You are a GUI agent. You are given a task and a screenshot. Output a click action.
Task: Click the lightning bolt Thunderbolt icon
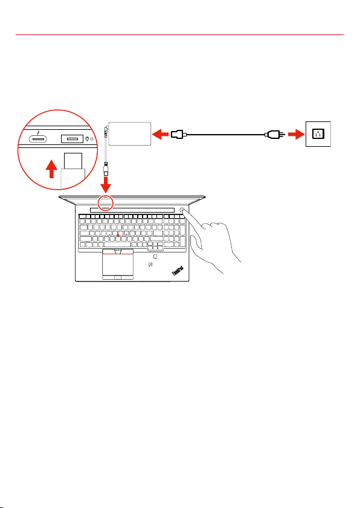[x=39, y=132]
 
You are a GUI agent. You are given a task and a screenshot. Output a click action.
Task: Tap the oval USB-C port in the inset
[x=38, y=139]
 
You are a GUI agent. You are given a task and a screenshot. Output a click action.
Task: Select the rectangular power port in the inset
[x=72, y=139]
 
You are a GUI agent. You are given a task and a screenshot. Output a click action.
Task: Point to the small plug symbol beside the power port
[x=87, y=139]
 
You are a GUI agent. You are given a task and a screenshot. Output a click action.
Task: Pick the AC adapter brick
[x=130, y=134]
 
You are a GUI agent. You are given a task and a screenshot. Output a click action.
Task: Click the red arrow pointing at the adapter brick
[x=160, y=134]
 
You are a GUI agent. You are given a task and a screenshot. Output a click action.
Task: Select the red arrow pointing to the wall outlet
[x=296, y=134]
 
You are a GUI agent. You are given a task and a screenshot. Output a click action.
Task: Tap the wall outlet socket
[x=318, y=134]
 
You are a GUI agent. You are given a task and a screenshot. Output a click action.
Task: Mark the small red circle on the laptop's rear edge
[x=106, y=202]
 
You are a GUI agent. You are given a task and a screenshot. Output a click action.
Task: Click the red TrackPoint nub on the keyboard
[x=118, y=236]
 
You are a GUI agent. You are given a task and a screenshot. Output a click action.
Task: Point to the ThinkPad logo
[x=178, y=271]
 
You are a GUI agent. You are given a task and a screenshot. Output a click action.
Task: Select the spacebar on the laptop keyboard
[x=117, y=245]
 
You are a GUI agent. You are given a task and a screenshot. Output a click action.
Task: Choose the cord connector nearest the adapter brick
[x=178, y=134]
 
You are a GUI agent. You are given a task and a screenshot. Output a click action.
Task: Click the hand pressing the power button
[x=214, y=242]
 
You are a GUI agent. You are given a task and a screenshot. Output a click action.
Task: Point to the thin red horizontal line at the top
[x=179, y=34]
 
